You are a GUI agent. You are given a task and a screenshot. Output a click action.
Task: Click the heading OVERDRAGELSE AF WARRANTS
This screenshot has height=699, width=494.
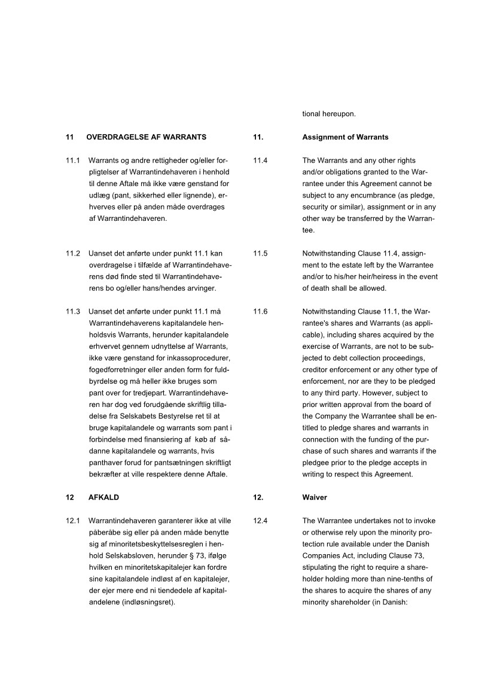click(x=147, y=137)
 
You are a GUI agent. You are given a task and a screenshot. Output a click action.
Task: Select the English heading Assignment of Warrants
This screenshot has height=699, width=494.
click(x=345, y=137)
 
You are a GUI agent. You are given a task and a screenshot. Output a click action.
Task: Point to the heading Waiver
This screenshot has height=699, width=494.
click(x=315, y=497)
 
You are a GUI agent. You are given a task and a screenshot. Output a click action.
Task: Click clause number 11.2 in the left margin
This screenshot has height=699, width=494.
click(x=73, y=253)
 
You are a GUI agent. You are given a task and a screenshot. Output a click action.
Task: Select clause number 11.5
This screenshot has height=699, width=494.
click(x=260, y=253)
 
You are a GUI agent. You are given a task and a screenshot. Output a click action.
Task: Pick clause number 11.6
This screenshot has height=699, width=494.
click(x=260, y=312)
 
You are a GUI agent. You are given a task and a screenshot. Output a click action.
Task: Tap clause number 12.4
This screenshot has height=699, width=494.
click(x=260, y=521)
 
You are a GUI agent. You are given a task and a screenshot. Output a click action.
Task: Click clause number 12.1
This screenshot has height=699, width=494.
click(x=73, y=521)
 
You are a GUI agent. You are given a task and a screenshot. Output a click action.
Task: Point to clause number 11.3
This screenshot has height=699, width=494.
click(x=73, y=312)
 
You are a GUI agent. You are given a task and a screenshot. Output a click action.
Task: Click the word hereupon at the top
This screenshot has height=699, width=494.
click(x=341, y=114)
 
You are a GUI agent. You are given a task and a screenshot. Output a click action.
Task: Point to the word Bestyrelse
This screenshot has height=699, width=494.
click(x=180, y=417)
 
